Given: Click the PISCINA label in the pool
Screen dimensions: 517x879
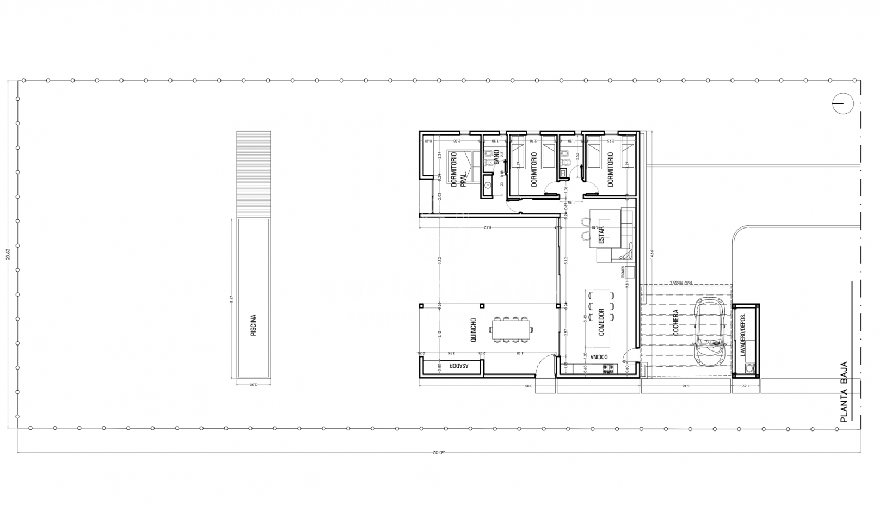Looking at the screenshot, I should pyautogui.click(x=254, y=325).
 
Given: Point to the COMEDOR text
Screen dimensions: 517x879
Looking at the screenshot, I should pyautogui.click(x=601, y=322).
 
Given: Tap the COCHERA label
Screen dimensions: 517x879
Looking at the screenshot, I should pyautogui.click(x=675, y=322).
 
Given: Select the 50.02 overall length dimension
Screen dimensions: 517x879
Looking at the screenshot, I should pyautogui.click(x=438, y=452).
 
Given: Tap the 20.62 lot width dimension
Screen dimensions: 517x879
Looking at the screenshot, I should pyautogui.click(x=8, y=255).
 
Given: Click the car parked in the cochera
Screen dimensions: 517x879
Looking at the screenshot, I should pyautogui.click(x=710, y=332).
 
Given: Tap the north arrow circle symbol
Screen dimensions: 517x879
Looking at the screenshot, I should pyautogui.click(x=842, y=103).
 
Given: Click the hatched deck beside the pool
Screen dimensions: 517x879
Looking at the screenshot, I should pyautogui.click(x=254, y=174).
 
